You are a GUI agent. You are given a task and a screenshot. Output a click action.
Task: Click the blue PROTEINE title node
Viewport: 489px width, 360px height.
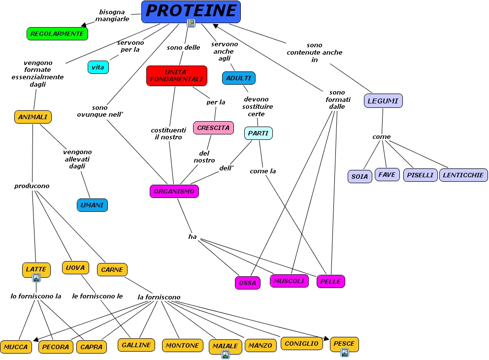pos(191,11)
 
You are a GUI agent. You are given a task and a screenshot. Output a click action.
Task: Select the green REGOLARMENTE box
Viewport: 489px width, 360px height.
pos(57,33)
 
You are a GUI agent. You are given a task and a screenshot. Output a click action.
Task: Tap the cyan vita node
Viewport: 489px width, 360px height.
pos(98,67)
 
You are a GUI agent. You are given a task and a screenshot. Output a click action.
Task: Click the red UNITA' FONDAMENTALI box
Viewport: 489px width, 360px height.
pos(177,76)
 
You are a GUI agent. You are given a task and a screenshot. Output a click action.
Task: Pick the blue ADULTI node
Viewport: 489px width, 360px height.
pos(239,78)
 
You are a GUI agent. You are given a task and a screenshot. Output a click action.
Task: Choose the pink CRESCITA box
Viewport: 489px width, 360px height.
pos(213,128)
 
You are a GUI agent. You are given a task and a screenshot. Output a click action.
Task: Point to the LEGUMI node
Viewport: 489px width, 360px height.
pos(383,101)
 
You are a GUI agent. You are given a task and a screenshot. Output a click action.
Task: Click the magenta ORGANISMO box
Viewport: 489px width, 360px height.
pos(174,191)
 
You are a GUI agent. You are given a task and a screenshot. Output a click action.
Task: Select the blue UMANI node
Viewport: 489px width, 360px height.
pos(92,205)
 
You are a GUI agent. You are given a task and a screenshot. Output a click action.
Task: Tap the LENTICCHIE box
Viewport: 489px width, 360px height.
pos(463,175)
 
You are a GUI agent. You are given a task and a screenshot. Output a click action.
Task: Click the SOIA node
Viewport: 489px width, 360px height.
pos(359,176)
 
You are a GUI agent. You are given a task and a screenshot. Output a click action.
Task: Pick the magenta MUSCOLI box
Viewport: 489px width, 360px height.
pos(290,281)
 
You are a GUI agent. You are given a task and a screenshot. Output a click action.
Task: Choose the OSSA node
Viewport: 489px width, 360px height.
pos(248,283)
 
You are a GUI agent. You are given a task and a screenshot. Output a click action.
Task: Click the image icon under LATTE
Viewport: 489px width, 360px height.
pos(36,278)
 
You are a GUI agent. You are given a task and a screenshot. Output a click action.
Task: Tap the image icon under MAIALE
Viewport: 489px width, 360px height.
pos(225,354)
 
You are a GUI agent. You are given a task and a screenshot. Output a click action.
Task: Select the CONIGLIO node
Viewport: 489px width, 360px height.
pos(302,343)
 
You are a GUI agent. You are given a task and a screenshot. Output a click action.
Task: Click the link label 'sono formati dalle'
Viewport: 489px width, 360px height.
pos(337,99)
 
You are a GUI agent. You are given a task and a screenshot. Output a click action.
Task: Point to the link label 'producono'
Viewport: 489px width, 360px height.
pos(32,186)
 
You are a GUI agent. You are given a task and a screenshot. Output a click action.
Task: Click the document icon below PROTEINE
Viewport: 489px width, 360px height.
pos(191,23)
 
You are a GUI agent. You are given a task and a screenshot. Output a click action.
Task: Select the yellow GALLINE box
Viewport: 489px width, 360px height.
pos(136,345)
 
